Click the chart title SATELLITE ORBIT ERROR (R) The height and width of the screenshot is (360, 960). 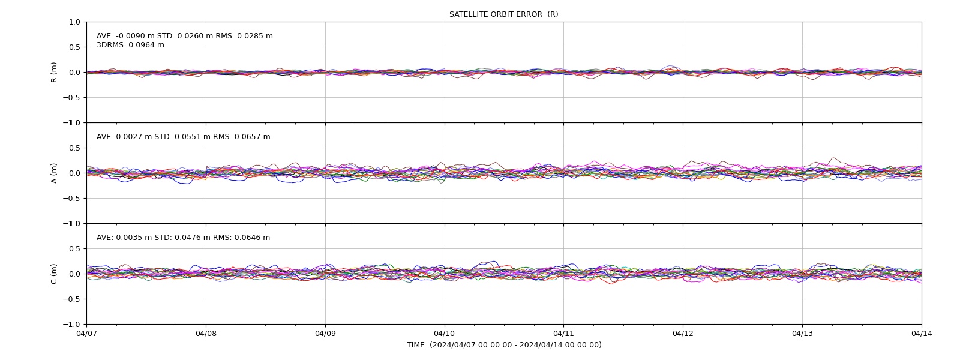(x=503, y=14)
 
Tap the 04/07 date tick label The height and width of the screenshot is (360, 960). (x=86, y=334)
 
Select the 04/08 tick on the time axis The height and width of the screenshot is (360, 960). (x=206, y=334)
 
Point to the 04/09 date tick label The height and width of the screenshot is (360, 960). (x=325, y=334)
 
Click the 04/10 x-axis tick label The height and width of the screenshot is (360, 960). (x=445, y=334)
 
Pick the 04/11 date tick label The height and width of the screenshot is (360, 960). (x=563, y=334)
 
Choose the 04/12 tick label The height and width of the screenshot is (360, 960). (x=683, y=334)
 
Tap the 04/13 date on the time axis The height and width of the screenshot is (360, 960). (x=802, y=334)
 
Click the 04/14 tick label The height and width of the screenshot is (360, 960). (x=922, y=334)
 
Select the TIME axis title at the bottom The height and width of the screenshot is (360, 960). (x=504, y=345)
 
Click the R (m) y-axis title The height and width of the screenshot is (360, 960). (x=53, y=73)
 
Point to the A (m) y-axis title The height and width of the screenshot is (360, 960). (x=53, y=173)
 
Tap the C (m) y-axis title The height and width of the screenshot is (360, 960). (x=53, y=274)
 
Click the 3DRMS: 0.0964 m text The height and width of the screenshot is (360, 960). (x=130, y=45)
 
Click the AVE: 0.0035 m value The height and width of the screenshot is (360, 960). (x=124, y=238)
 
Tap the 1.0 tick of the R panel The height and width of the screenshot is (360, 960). (x=74, y=22)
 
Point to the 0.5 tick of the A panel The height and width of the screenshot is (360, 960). (x=74, y=148)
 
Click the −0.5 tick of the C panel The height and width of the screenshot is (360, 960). (x=71, y=299)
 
